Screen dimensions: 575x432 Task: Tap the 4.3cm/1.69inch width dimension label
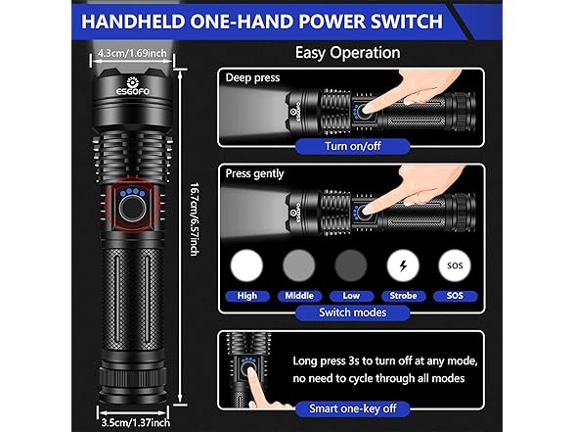(132, 53)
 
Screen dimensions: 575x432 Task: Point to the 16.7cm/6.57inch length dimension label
(194, 219)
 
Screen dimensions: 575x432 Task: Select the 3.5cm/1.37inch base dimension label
(135, 422)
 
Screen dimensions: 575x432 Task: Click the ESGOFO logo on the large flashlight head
(133, 86)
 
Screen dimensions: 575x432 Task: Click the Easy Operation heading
(348, 53)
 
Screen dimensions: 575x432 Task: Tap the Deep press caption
(252, 78)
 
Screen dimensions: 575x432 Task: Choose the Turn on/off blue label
(353, 146)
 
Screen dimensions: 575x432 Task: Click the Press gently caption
(255, 173)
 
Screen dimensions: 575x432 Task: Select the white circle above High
(246, 265)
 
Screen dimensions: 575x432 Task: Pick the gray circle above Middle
(299, 265)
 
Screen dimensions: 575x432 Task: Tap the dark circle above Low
(351, 265)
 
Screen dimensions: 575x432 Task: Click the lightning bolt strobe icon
(403, 265)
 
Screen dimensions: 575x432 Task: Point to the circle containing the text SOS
(455, 265)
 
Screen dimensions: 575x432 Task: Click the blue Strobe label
(403, 296)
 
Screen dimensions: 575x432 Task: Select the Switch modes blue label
(353, 312)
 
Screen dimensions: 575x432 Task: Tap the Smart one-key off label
(353, 408)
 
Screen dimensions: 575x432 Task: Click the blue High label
(247, 296)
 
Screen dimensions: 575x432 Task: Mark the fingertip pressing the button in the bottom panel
(250, 371)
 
